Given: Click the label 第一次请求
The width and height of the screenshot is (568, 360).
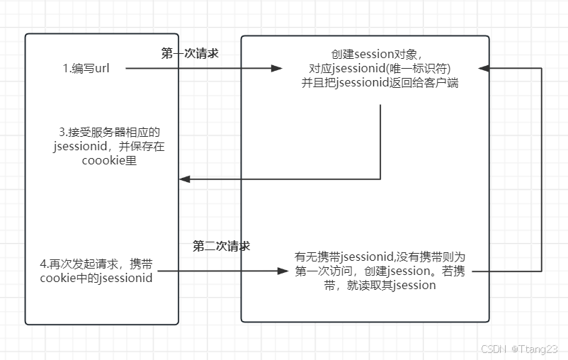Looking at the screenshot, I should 190,53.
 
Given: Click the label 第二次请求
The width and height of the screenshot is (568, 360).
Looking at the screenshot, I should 221,247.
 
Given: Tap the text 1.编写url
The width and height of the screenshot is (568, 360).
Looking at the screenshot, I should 85,69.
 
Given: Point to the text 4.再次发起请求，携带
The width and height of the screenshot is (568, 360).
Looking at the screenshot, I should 96,264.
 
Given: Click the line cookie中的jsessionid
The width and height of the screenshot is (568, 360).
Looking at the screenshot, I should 96,277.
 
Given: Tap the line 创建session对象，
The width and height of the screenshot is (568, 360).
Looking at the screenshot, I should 376,55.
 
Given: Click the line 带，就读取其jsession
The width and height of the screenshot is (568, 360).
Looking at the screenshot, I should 385,285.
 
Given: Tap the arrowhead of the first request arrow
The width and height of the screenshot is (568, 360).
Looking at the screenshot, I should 278,69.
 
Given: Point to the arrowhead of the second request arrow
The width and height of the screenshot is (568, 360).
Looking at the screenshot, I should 285,271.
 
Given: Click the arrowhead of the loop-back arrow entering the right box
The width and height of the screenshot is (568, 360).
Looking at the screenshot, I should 483,69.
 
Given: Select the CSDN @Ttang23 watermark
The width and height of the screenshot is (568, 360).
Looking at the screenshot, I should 519,349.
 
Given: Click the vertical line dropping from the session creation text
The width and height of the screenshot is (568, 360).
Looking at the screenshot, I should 381,142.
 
